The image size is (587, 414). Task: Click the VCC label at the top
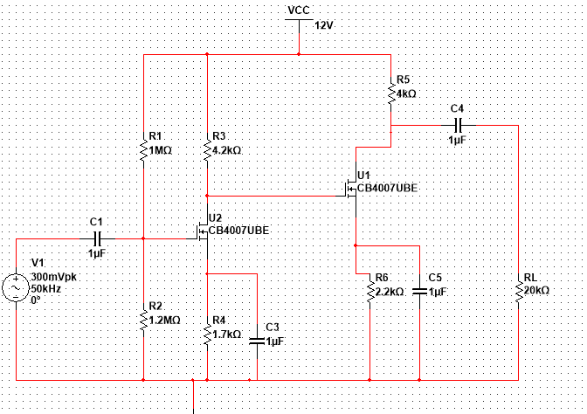[x=299, y=10]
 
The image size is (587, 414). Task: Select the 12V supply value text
[x=324, y=25]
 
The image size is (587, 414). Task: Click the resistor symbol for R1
[x=142, y=150]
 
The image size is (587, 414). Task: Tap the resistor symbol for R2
[x=142, y=319]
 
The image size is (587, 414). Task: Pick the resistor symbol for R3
[x=207, y=150]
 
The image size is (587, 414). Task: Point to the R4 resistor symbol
[x=207, y=334]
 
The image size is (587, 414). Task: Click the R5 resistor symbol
[x=390, y=92]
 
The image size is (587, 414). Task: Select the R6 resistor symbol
[x=370, y=291]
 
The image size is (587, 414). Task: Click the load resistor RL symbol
[x=519, y=291]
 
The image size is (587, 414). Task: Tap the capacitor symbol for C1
[x=97, y=238]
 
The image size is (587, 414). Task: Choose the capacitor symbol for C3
[x=258, y=341]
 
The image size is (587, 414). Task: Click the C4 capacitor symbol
[x=456, y=125]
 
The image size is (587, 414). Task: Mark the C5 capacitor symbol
[x=420, y=291]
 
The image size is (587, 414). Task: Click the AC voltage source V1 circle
[x=17, y=287]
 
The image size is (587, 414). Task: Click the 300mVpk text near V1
[x=55, y=275]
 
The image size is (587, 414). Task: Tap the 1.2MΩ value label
[x=165, y=320]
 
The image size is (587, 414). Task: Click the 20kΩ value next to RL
[x=537, y=290]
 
